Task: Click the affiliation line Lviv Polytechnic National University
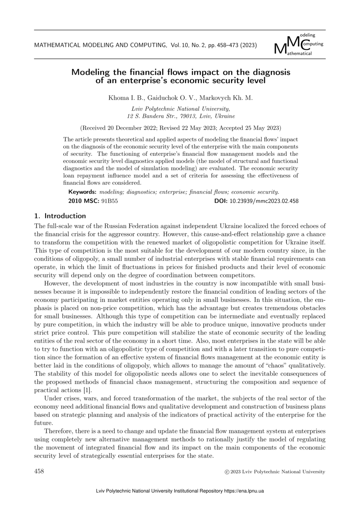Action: point(180,109)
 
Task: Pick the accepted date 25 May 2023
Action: point(256,128)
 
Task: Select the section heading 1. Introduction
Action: point(60,216)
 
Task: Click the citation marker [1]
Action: point(87,389)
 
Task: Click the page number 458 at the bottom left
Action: point(39,472)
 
